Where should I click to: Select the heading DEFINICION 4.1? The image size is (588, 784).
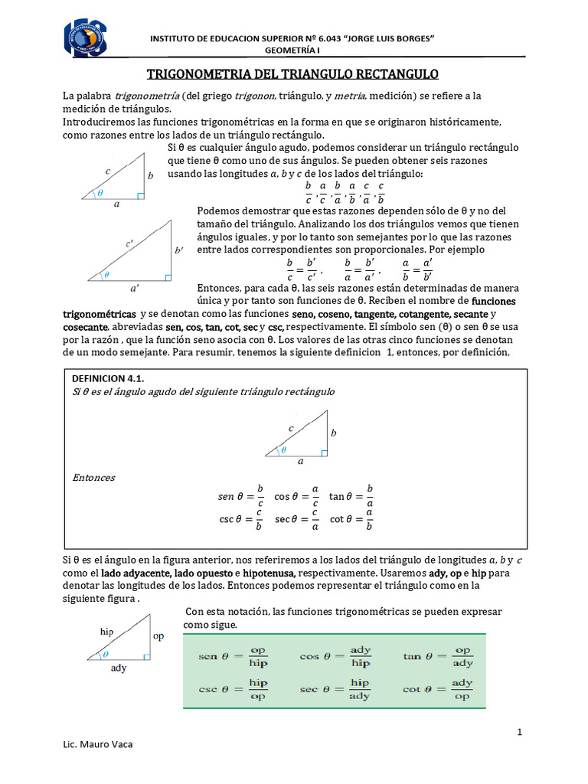[108, 378]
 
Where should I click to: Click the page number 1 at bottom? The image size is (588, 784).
[520, 732]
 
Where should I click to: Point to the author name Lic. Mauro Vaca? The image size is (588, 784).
[96, 745]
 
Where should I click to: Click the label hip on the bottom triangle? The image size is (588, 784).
[106, 632]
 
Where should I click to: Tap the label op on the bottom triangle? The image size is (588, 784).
[158, 636]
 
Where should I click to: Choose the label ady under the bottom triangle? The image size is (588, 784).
[119, 668]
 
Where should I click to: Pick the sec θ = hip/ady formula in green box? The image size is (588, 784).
[335, 689]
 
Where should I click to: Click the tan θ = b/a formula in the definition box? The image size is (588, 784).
[351, 496]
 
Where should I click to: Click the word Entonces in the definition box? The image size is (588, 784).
[93, 478]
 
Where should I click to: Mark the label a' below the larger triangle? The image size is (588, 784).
[135, 288]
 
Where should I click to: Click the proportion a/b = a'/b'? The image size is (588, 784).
[417, 270]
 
